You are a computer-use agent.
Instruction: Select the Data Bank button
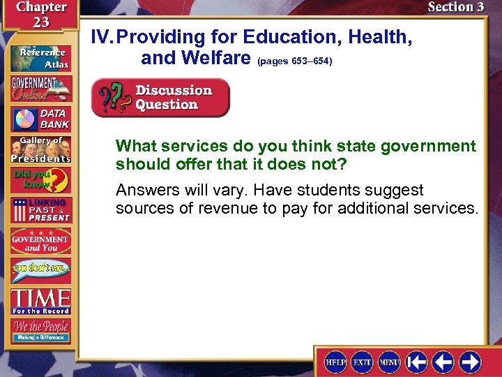pos(40,118)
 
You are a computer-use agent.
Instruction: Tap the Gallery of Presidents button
pos(40,149)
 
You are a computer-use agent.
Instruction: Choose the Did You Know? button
pos(40,179)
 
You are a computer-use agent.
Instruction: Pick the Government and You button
pos(40,240)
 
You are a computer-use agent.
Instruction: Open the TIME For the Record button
pos(40,301)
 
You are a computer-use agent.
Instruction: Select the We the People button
pos(40,330)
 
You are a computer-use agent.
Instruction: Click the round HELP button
pos(335,362)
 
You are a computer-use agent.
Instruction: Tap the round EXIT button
pos(361,362)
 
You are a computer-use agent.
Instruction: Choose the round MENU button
pos(388,362)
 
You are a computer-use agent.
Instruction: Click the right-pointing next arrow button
pos(469,362)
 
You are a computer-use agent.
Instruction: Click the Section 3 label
pos(455,7)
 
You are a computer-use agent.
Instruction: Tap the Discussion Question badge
pos(161,98)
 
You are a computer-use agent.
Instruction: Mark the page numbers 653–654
pos(295,61)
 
